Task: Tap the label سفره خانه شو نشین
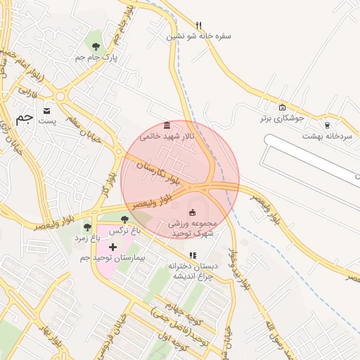click(199, 36)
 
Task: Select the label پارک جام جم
click(96, 58)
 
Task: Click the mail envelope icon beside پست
click(47, 110)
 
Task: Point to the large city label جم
click(24, 117)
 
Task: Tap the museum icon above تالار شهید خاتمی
click(167, 124)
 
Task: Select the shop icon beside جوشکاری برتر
click(282, 108)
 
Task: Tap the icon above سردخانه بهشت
click(327, 124)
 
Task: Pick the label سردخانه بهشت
click(327, 136)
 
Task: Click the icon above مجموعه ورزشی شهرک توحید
click(193, 212)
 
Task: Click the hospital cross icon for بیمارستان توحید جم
click(112, 247)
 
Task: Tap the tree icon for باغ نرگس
click(124, 219)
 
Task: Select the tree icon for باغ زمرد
click(87, 226)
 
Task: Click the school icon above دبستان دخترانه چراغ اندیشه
click(193, 255)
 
